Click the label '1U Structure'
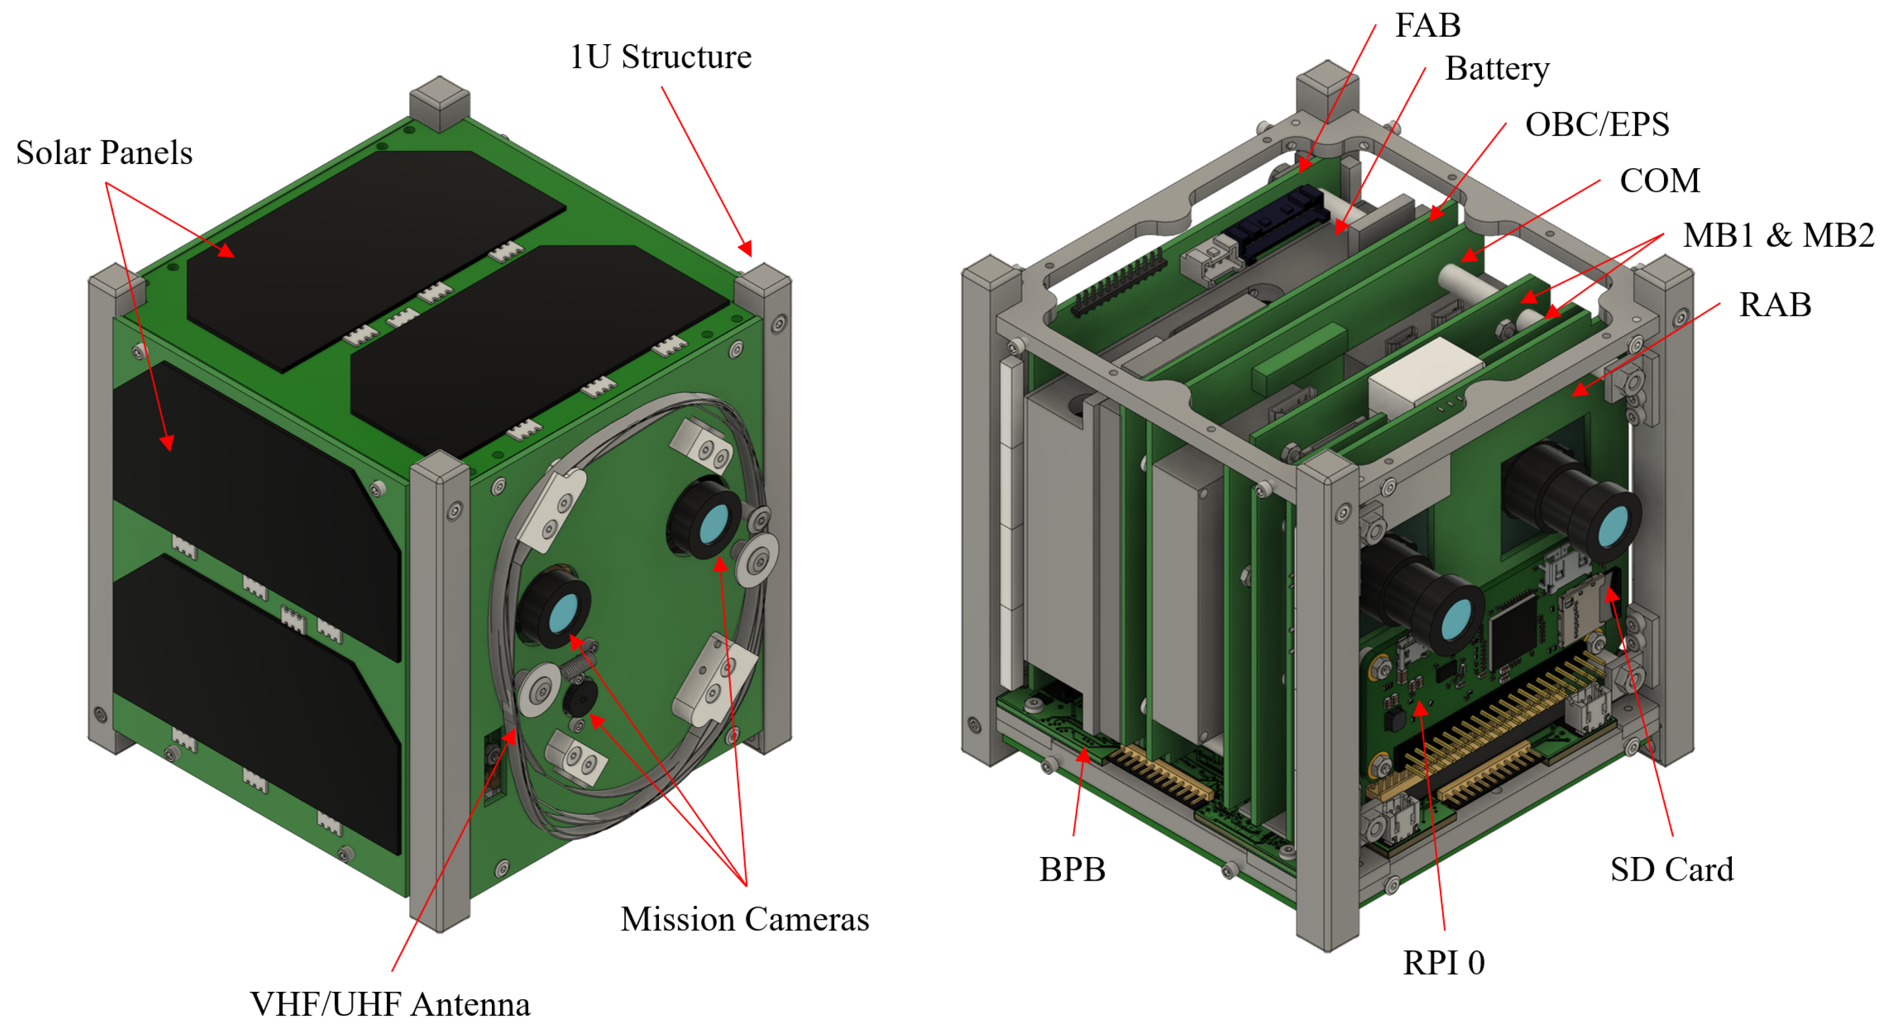pyautogui.click(x=660, y=57)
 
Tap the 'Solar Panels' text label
pyautogui.click(x=104, y=153)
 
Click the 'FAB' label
pyautogui.click(x=1427, y=26)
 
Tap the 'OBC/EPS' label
pyautogui.click(x=1596, y=124)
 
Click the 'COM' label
pyautogui.click(x=1659, y=180)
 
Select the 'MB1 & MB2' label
pyautogui.click(x=1777, y=235)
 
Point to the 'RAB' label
pyautogui.click(x=1774, y=304)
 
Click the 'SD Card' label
pyautogui.click(x=1671, y=869)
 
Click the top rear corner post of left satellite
pyautogui.click(x=439, y=101)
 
